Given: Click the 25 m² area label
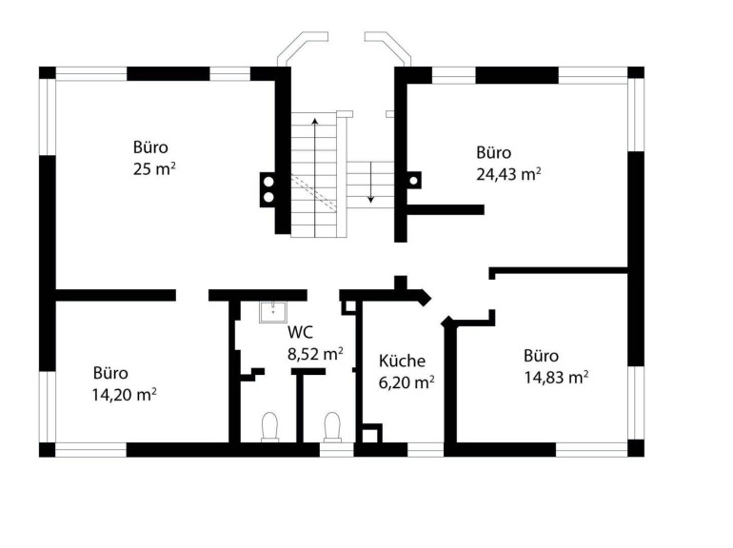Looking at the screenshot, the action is [154, 168].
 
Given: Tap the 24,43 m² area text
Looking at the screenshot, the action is [508, 174].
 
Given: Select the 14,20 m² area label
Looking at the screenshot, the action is [124, 395].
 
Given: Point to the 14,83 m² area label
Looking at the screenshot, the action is [556, 377].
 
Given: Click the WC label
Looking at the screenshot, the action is [300, 332].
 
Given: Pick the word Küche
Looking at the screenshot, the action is [402, 361].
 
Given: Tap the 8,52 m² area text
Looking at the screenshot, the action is [315, 354].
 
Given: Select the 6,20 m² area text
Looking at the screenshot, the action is [406, 382].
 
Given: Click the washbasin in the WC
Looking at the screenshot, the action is [272, 312].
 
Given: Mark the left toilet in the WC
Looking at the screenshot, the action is [269, 427].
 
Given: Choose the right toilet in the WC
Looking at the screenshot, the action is [332, 427].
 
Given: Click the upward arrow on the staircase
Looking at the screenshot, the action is [315, 178].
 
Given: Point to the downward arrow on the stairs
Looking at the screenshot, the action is [370, 183].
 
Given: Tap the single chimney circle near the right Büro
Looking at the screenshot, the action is [413, 181].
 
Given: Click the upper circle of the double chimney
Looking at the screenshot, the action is [268, 182].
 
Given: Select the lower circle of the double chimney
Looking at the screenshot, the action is [268, 197].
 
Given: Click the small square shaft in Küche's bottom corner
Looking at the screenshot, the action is [372, 433].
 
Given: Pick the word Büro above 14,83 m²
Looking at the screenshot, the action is [541, 356].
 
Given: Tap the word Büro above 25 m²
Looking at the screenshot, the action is [150, 147].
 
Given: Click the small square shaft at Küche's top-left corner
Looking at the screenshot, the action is [348, 307].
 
